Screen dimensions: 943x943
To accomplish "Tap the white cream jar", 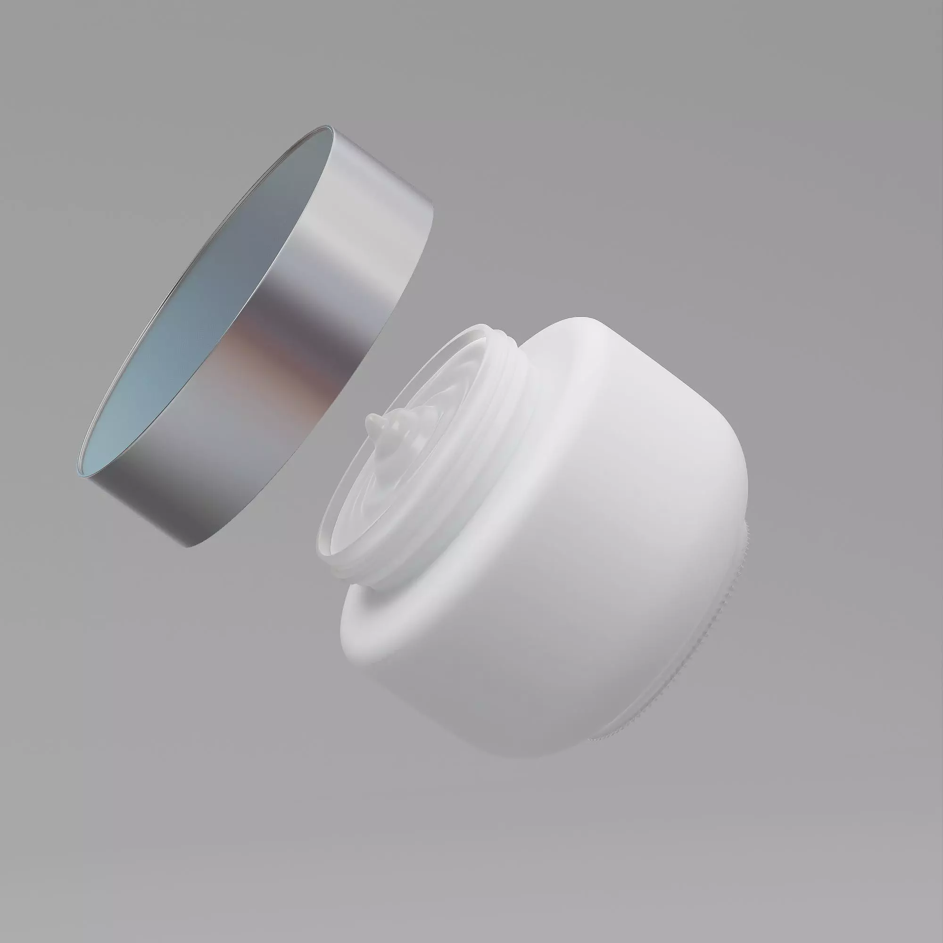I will coord(561,561).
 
